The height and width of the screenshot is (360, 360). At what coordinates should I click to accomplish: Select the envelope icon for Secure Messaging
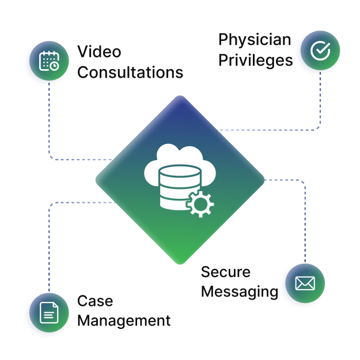pyautogui.click(x=305, y=283)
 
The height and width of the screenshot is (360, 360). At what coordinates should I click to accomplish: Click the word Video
pyautogui.click(x=99, y=52)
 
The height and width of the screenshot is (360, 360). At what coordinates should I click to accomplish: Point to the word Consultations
pyautogui.click(x=130, y=72)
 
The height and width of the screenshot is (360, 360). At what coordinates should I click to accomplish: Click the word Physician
pyautogui.click(x=255, y=40)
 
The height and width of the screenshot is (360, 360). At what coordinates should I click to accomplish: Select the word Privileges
pyautogui.click(x=255, y=60)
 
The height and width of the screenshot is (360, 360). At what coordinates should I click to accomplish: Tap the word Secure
pyautogui.click(x=225, y=271)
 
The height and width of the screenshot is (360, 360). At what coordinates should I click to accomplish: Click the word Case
pyautogui.click(x=95, y=301)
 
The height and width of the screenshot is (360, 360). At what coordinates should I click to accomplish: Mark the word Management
pyautogui.click(x=124, y=320)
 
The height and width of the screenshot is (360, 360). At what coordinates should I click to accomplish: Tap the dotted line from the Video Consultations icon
pyautogui.click(x=49, y=121)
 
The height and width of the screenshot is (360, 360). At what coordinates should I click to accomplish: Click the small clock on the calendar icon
pyautogui.click(x=54, y=66)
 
